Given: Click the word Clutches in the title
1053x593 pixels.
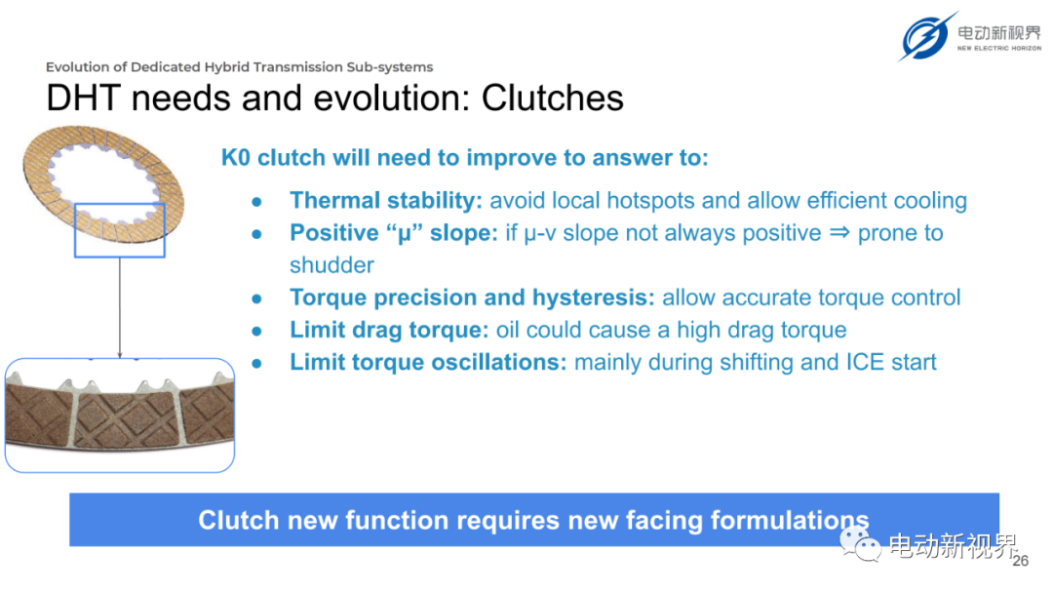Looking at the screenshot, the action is pos(552,99).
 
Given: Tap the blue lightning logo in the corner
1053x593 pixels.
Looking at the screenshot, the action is pos(928,36).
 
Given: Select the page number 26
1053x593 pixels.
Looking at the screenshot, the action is pos(1020,561).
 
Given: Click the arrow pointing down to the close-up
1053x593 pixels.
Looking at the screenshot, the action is pos(120,307).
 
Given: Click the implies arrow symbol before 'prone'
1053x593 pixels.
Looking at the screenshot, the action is pos(839,232).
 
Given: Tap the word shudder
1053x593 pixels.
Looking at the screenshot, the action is pos(331,265).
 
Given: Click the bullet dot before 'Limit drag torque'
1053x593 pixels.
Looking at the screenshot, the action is pos(256,331).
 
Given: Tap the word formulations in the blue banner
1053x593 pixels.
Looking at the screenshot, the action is pos(790,521).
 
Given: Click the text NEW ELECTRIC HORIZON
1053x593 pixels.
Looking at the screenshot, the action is pos(999,49).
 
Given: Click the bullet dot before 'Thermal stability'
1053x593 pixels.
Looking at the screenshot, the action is pos(256,202).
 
